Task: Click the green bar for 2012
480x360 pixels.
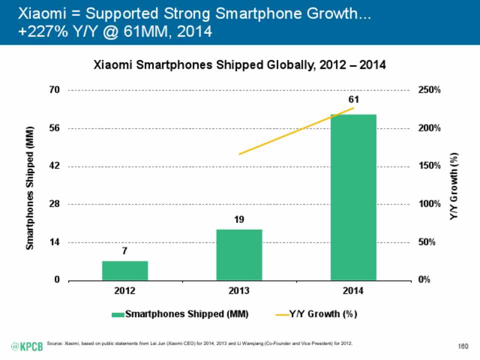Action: (125, 270)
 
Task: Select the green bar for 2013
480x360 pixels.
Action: (239, 254)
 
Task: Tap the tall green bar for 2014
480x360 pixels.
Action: (353, 197)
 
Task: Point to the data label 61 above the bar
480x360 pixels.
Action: (353, 100)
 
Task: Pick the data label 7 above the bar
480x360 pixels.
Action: (125, 251)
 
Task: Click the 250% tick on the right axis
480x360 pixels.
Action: (429, 90)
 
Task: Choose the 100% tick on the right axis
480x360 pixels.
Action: (429, 204)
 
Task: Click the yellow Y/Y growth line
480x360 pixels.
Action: (296, 131)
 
